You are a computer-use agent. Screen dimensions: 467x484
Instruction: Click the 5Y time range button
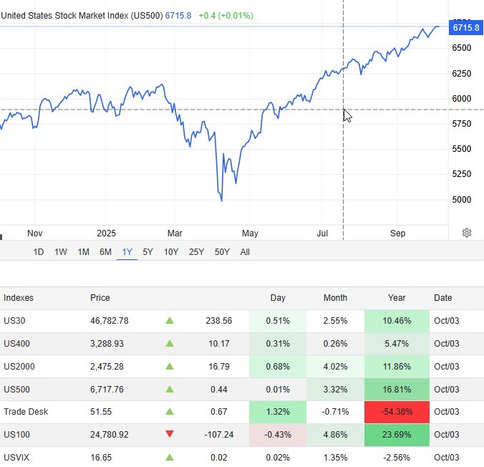[147, 252]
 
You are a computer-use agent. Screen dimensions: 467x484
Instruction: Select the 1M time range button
[83, 252]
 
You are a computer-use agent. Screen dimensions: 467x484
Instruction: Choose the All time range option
[245, 252]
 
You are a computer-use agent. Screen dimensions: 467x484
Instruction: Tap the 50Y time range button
[222, 252]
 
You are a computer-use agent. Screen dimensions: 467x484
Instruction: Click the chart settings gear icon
[467, 233]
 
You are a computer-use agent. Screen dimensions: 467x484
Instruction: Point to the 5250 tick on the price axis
[462, 174]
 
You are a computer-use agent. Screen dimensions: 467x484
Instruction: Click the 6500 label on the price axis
[462, 48]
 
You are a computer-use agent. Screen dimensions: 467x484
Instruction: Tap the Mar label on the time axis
[175, 233]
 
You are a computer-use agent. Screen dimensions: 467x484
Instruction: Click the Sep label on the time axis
[398, 233]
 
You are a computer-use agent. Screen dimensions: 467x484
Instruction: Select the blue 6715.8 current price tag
[465, 28]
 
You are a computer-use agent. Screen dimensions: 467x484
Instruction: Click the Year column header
[397, 298]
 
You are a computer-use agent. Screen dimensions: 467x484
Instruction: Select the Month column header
[335, 298]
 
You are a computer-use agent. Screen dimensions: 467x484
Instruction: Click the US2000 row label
[19, 367]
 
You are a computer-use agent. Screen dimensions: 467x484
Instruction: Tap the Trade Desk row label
[24, 412]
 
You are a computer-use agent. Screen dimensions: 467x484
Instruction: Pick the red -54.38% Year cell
[397, 412]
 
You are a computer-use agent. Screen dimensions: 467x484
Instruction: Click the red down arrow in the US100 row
[170, 435]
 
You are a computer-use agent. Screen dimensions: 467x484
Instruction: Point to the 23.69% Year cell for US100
[397, 435]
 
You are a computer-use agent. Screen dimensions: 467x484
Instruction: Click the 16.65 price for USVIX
[102, 457]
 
